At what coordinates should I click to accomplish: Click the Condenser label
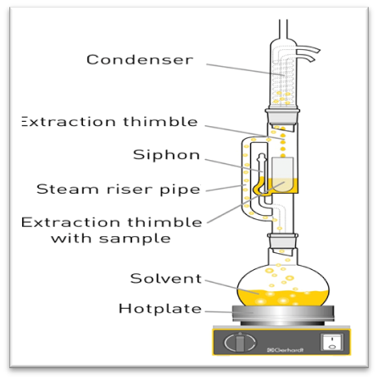point(140,59)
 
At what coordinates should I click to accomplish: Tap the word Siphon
point(166,155)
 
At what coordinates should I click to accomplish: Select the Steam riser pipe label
point(119,190)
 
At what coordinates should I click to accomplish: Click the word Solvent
point(166,278)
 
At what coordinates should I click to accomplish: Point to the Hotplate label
point(160,309)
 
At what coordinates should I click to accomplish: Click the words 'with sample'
point(111,239)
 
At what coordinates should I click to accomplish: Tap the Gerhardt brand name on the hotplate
point(286,350)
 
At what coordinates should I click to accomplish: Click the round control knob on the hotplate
point(240,343)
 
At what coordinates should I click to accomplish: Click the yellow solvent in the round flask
point(283,298)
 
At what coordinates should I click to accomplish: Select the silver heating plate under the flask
point(283,313)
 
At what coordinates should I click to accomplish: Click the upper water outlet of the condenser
point(308,50)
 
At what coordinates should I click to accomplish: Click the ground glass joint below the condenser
point(282,117)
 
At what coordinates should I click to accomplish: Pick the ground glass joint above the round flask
point(282,241)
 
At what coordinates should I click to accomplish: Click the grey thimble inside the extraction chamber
point(282,174)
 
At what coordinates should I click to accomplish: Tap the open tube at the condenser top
point(283,30)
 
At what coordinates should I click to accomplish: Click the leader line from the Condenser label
point(245,70)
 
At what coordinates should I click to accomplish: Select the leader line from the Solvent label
point(231,287)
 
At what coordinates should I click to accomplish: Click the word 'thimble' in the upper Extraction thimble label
point(160,122)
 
